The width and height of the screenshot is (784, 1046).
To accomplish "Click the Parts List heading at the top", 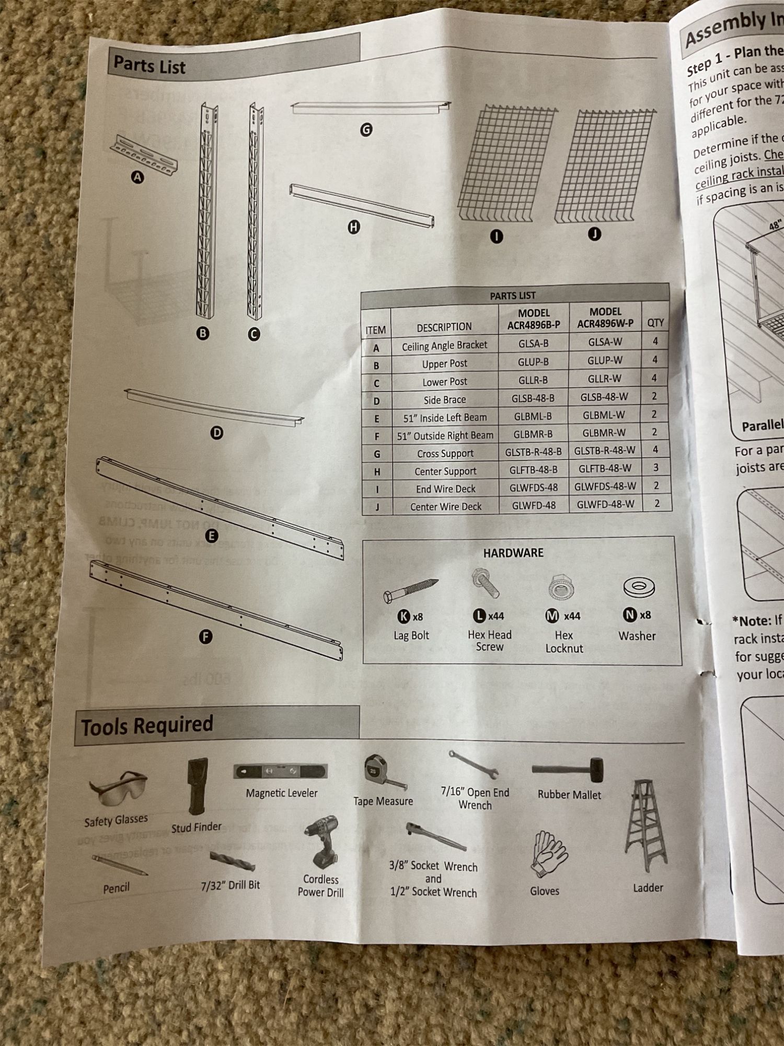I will point(149,65).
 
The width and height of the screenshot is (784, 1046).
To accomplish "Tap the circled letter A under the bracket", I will point(137,178).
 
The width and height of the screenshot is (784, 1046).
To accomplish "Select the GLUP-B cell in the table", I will point(533,361).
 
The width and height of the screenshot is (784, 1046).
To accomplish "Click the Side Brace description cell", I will point(444,400).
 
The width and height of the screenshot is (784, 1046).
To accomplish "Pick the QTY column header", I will point(655,323).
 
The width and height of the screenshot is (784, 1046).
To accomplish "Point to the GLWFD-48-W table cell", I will point(605,504).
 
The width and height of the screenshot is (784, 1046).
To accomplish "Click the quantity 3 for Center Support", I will point(655,468).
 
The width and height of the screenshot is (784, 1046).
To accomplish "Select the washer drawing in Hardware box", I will point(639,587).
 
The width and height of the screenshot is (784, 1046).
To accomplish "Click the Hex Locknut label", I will point(564,642).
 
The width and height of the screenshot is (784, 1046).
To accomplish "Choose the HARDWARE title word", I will point(513,553).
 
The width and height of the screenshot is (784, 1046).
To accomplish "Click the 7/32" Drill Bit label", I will point(230,885).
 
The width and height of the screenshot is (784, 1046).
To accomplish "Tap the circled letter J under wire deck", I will point(594,234).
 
